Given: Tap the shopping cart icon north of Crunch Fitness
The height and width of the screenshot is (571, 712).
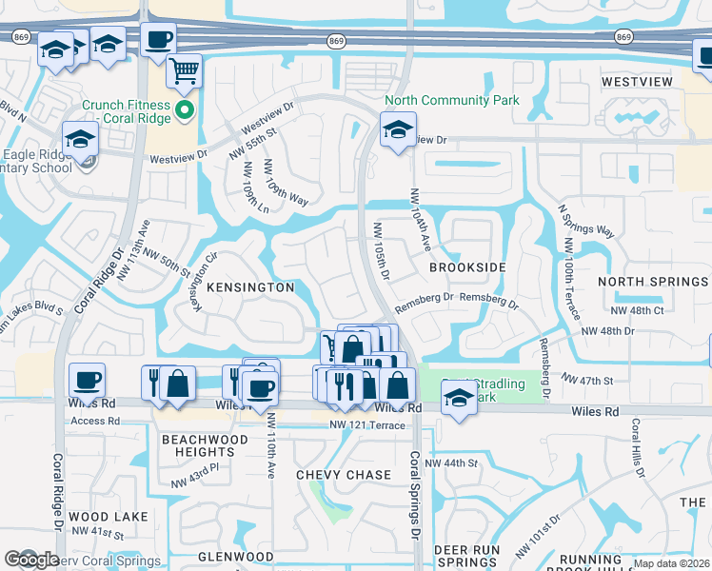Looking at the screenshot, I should coord(184,69).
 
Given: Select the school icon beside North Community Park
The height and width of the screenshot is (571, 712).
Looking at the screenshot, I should coord(398,130).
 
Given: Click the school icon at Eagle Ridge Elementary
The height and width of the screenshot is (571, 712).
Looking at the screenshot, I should coord(81,140).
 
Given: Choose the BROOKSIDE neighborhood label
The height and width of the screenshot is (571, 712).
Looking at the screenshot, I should coord(466,268).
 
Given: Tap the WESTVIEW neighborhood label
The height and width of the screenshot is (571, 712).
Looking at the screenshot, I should coord(637,82).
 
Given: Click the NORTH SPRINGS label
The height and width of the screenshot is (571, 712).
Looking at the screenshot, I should coord(652,282).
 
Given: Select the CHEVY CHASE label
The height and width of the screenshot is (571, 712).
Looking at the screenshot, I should coord(344,475).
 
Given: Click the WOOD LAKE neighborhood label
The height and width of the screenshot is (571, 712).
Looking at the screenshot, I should coord(109,517).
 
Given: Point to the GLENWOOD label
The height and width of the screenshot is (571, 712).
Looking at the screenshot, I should coord(235,557).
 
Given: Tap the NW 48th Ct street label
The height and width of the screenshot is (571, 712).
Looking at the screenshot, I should coord(639,310).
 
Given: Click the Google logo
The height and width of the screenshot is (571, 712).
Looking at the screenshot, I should coord(31,560).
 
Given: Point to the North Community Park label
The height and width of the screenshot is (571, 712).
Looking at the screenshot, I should coord(451,100).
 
